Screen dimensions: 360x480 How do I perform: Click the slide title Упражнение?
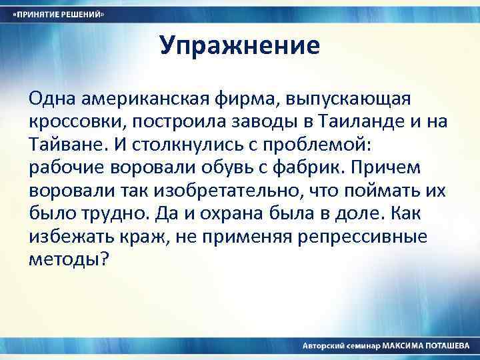coord(240,46)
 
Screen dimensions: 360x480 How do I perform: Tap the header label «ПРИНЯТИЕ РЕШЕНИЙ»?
coord(60,14)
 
